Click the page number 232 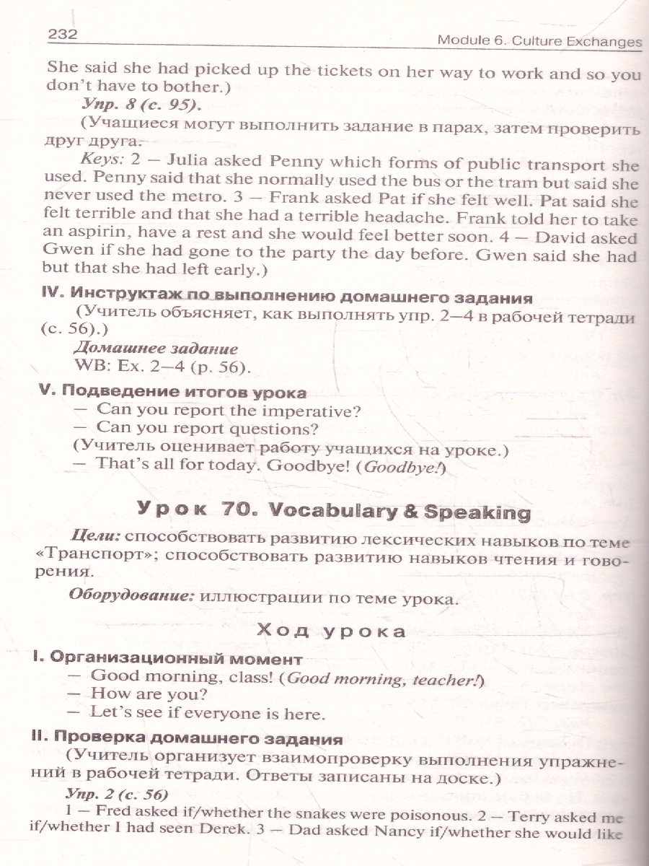click(x=62, y=34)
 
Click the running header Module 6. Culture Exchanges click(x=539, y=40)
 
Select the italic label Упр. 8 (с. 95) click(x=140, y=105)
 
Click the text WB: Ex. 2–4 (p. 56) click(x=162, y=367)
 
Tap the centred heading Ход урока click(x=331, y=631)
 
